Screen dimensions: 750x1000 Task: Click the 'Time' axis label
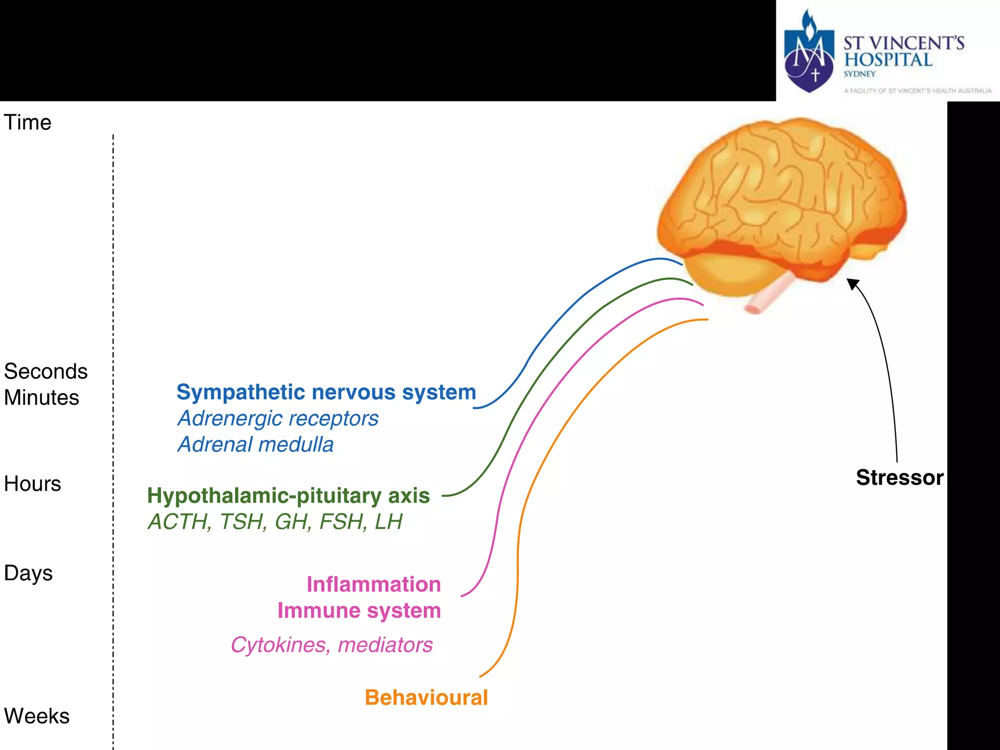27,122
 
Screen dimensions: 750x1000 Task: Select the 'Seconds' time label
46,372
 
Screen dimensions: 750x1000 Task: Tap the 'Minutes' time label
42,397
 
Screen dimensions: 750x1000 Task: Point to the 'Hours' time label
32,484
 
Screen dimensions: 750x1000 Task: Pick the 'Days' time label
28,573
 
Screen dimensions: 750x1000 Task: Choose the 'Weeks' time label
37,716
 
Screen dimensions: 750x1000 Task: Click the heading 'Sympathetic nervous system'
326,392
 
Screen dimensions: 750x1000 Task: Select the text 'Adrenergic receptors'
278,418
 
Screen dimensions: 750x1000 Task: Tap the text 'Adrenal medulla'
255,445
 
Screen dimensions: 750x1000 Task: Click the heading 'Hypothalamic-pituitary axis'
288,496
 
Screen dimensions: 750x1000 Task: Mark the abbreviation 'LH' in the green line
388,521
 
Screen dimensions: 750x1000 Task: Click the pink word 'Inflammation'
374,584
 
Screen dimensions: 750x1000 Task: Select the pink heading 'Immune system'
359,611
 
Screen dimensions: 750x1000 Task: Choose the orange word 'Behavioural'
426,697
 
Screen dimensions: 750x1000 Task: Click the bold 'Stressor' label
899,478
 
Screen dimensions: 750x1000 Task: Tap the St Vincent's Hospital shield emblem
809,54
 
